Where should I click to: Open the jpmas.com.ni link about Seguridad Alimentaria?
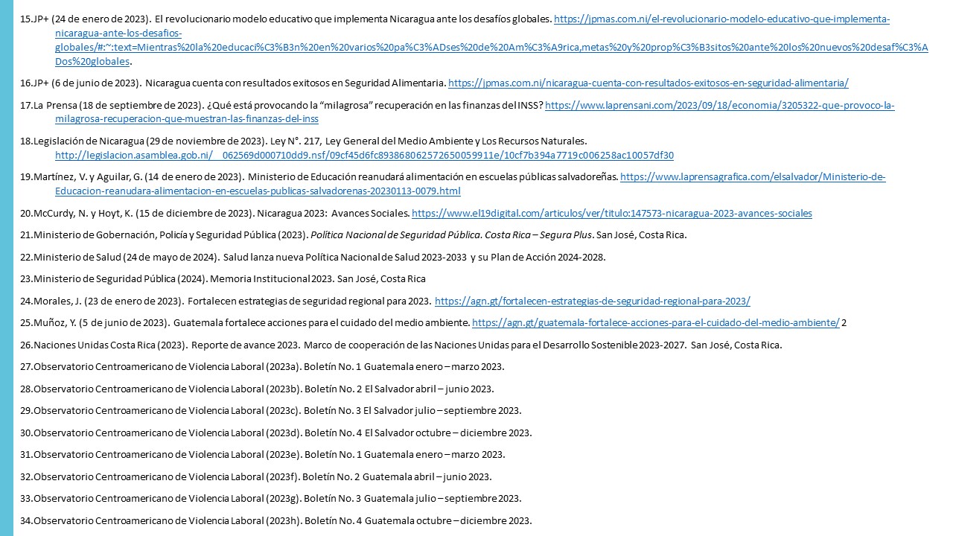click(648, 83)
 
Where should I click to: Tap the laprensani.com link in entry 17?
click(719, 106)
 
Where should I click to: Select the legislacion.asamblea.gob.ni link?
click(364, 156)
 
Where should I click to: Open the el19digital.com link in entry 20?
click(611, 213)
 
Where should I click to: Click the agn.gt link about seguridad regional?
click(592, 301)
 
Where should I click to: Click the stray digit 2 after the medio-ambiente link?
click(844, 323)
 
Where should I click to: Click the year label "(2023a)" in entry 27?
click(284, 366)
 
